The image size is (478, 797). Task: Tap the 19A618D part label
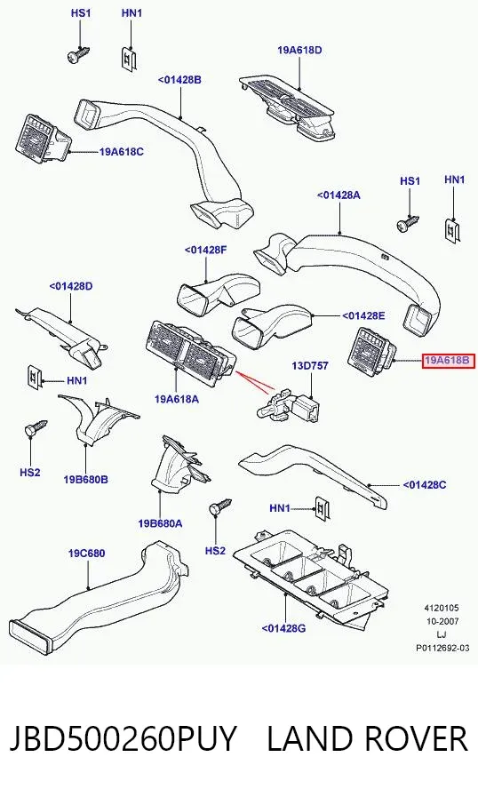(299, 51)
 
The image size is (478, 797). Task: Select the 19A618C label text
(122, 151)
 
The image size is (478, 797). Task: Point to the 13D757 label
(310, 365)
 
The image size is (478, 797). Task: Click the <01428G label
(283, 628)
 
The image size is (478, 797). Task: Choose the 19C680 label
(87, 553)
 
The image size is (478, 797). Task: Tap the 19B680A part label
(160, 523)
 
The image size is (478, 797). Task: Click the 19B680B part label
(86, 479)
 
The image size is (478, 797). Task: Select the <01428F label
(205, 250)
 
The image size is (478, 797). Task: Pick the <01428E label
(363, 315)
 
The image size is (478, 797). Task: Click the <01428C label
(425, 485)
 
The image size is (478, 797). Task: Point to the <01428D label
(71, 286)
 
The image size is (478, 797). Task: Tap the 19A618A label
(177, 399)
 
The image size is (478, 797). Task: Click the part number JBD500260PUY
(123, 738)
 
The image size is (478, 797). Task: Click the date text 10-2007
(442, 621)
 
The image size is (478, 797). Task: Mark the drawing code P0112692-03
(442, 648)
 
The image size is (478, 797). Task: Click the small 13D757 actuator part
(288, 406)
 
